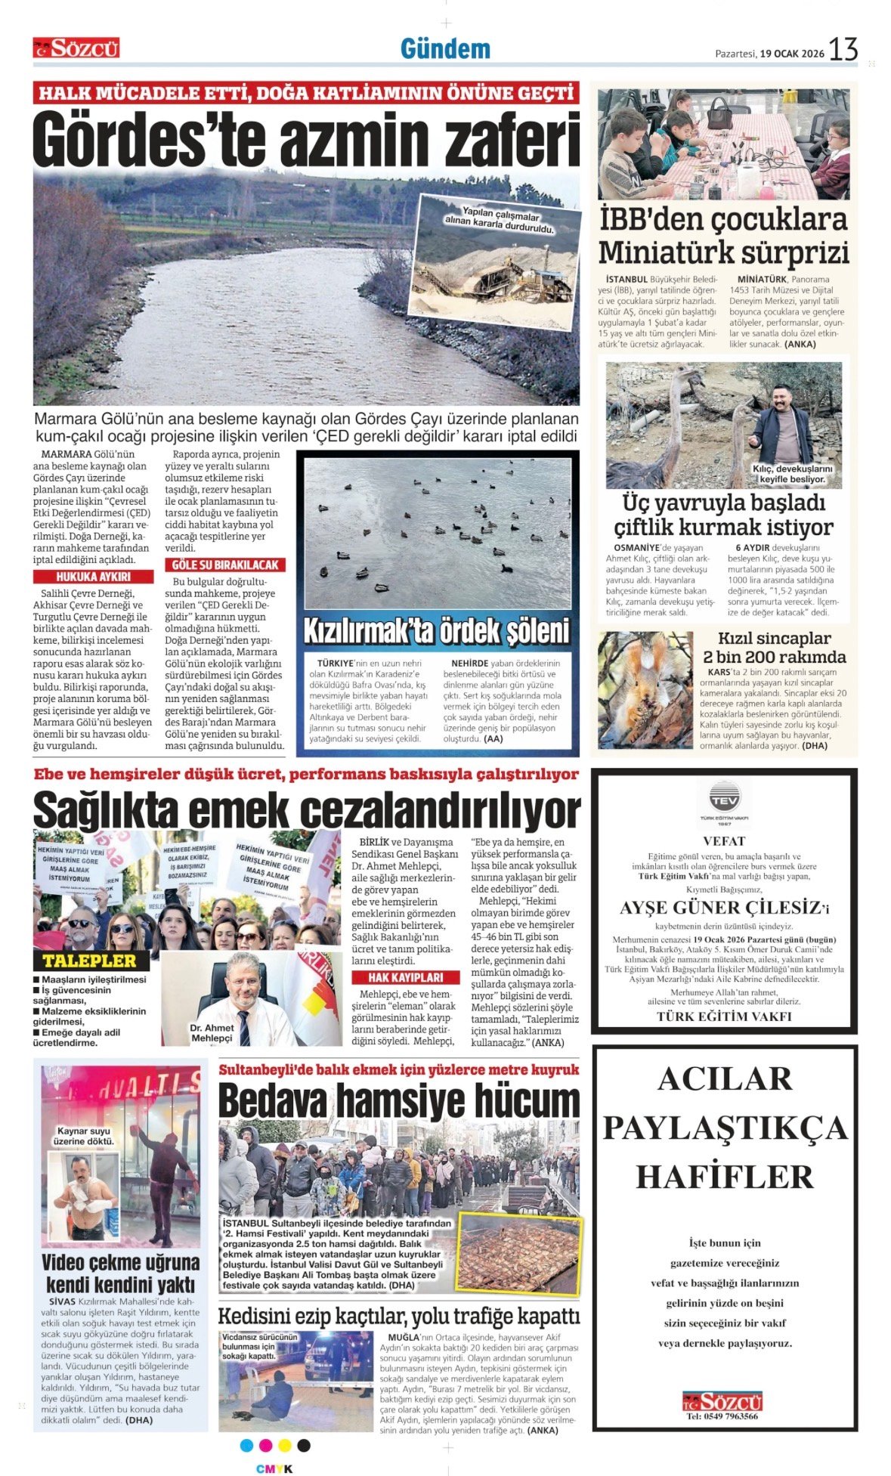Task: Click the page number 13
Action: point(843,50)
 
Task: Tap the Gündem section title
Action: point(445,50)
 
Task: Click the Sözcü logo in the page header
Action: point(76,48)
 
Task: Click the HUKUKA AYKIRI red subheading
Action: point(94,577)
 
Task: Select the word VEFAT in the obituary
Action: point(724,840)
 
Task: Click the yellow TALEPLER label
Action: point(89,961)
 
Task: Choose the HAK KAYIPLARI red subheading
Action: point(405,977)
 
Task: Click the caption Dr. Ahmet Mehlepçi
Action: point(212,1032)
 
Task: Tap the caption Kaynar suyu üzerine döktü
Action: point(84,1136)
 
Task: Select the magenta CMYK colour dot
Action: point(265,1445)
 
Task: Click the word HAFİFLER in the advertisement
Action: point(724,1177)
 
